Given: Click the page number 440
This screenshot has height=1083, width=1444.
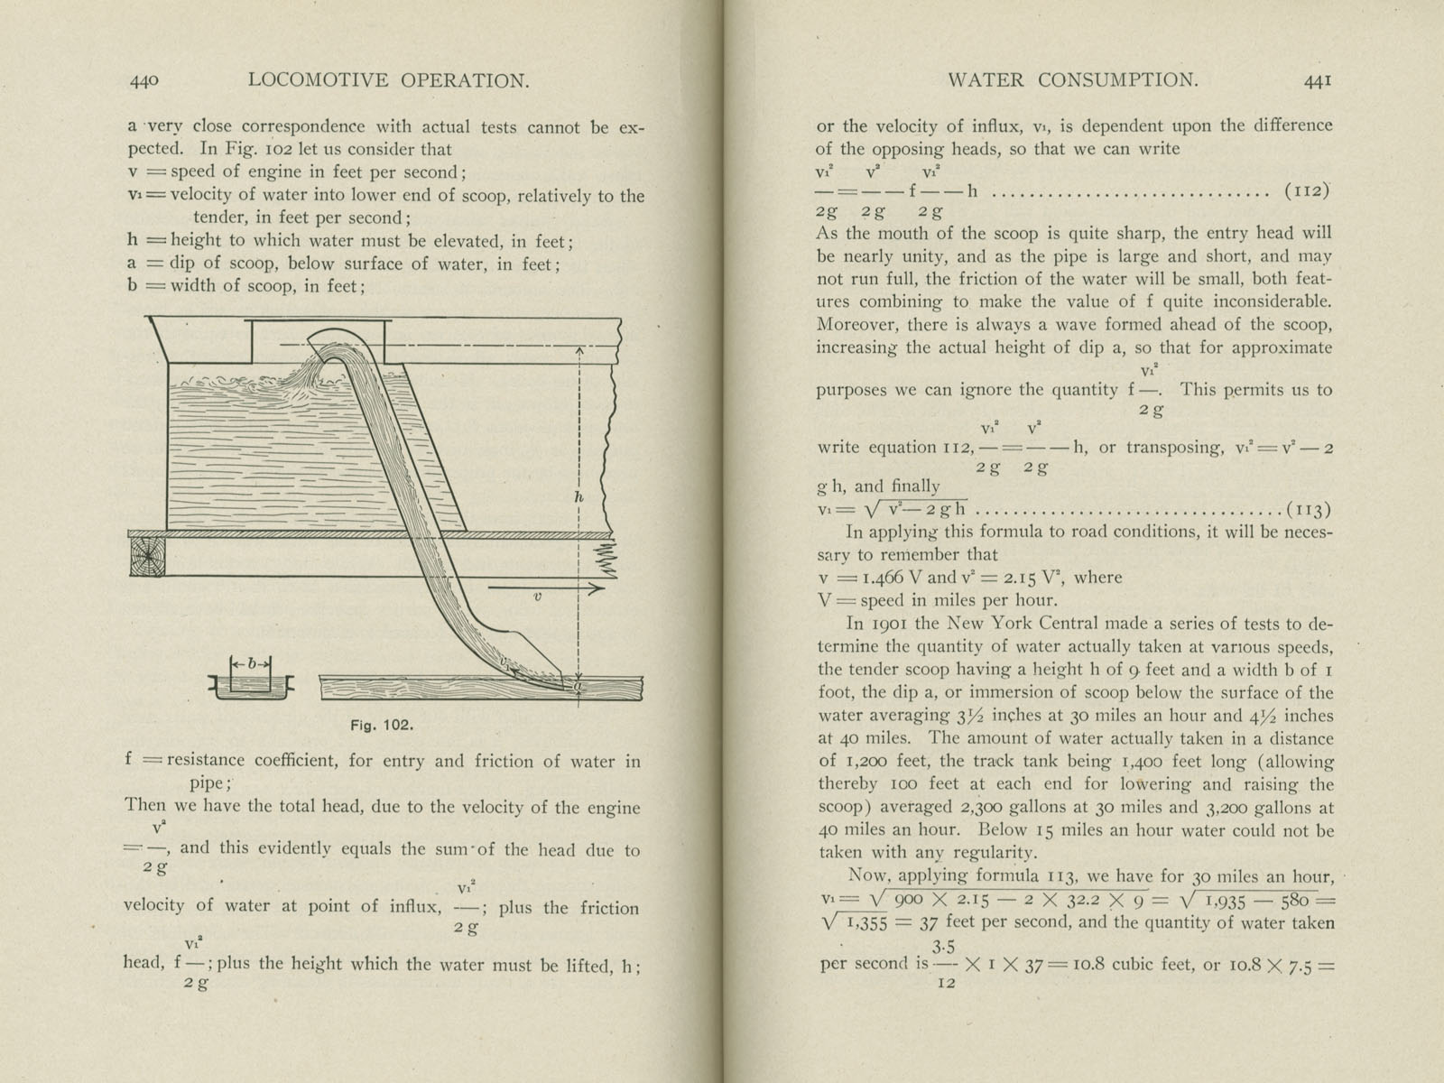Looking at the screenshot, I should (x=144, y=80).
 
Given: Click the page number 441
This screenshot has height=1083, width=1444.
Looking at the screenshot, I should (x=1317, y=80).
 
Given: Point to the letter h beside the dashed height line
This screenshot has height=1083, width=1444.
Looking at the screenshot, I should (x=579, y=496).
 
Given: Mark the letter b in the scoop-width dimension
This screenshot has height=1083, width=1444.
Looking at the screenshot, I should (x=251, y=664).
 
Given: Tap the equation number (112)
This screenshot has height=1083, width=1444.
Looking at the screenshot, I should (x=1308, y=191).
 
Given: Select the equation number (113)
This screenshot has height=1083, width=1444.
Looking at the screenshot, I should (x=1308, y=509).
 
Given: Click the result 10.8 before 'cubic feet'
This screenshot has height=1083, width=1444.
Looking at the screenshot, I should (x=1083, y=963).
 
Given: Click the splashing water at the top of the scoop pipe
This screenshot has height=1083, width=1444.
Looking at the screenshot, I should (x=317, y=370).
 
